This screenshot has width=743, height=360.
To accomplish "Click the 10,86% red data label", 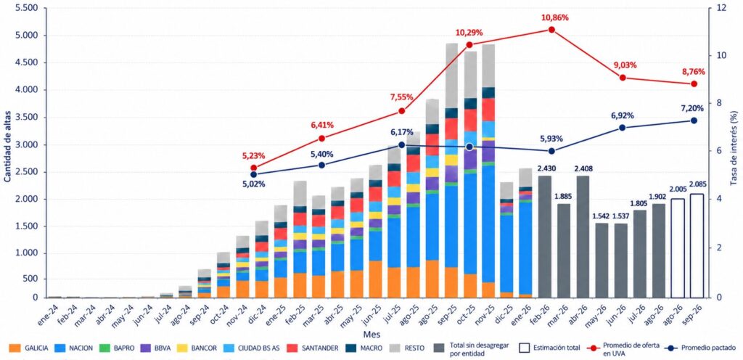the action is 555,18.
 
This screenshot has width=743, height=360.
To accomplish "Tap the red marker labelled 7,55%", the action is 402,111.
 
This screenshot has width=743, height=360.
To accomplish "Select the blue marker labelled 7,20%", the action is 694,120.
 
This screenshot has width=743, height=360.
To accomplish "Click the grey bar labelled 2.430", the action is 545,237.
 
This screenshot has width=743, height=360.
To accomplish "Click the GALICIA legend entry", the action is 28,348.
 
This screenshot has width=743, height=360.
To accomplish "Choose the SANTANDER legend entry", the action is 316,348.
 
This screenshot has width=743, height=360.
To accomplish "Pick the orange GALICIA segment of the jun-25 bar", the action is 376,279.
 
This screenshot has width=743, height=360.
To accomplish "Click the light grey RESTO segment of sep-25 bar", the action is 451,75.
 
